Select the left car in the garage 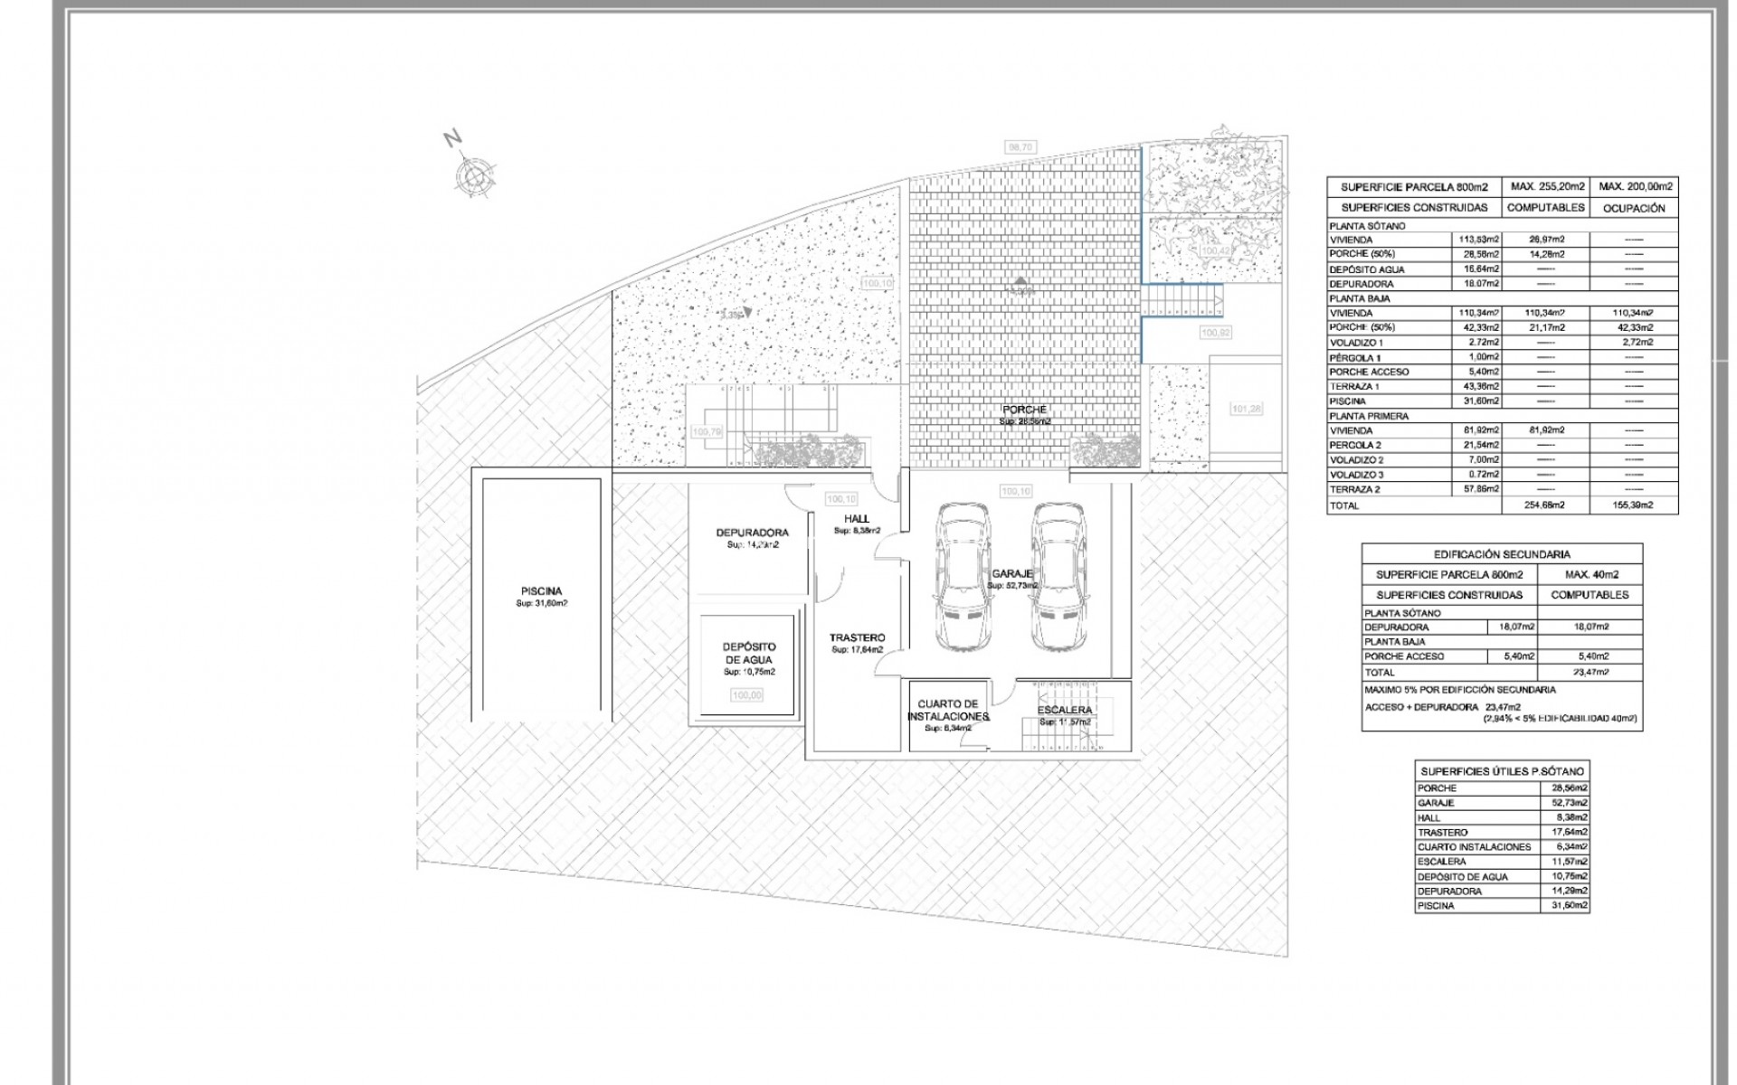[962, 576]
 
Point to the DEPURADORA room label [752, 533]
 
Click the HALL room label [856, 518]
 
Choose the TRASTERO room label [857, 637]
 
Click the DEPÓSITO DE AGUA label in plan [748, 653]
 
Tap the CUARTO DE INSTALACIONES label [947, 710]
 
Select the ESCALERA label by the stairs [1066, 710]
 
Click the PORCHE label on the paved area [1024, 410]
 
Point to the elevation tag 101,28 [1246, 409]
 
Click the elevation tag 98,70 [1020, 146]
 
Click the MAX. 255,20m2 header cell [1544, 187]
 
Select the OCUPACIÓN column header [1633, 208]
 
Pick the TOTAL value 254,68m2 [1544, 505]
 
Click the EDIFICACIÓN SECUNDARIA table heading [1501, 554]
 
